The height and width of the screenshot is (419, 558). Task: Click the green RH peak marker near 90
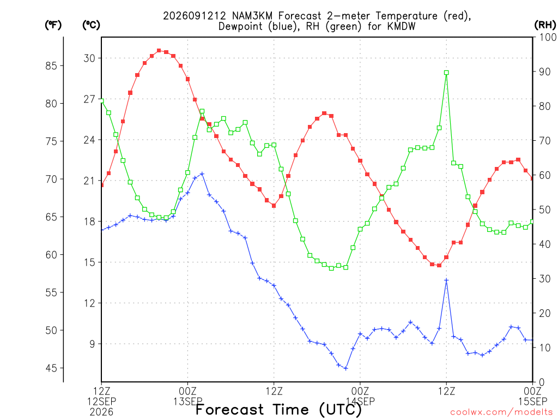(x=446, y=73)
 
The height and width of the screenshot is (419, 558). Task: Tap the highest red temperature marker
(x=159, y=51)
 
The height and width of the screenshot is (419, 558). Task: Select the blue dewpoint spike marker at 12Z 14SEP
(x=446, y=280)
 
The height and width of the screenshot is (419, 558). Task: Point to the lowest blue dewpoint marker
(x=345, y=368)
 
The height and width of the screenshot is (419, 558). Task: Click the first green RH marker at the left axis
(x=101, y=101)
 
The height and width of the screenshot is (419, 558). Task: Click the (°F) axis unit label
(x=53, y=25)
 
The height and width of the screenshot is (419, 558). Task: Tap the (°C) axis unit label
(x=91, y=25)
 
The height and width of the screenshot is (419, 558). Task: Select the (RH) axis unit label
(x=545, y=25)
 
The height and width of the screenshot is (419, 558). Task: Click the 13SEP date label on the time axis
(x=188, y=402)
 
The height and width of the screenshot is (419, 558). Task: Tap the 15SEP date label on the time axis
(x=533, y=402)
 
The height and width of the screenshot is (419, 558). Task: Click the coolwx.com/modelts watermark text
(x=504, y=412)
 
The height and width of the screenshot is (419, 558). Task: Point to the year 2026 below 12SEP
(x=101, y=412)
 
